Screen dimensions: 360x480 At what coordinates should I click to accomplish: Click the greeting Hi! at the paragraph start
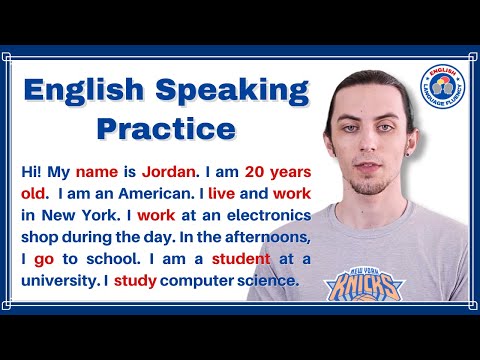(31, 173)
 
